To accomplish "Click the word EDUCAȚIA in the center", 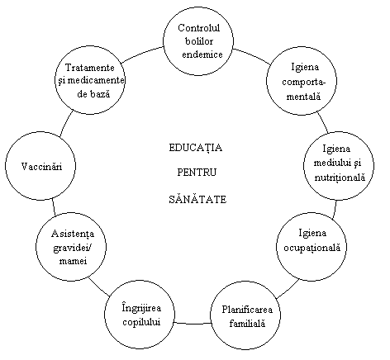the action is pos(195,148).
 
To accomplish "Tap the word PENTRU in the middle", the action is pos(197,173).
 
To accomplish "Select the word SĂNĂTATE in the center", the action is pos(197,198).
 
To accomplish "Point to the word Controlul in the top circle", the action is pos(198,28).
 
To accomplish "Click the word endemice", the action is pos(202,54).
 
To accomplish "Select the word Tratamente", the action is pos(89,68).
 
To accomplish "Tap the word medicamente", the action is pos(96,80).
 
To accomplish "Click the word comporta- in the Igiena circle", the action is pos(303,83).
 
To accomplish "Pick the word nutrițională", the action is pos(340,178).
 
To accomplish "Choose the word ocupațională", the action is pos(312,248).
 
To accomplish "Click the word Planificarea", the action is pos(247,310).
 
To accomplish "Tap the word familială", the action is pos(247,323).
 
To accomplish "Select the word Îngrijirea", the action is pos(141,308).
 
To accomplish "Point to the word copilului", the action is pos(141,322).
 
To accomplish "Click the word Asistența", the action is pos(73,234).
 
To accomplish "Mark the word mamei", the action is pos(73,260).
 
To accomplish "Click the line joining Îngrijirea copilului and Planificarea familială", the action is pos(193,323).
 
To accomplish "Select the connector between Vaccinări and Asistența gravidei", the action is pos(54,207).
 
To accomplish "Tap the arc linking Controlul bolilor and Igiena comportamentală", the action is pos(252,54).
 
